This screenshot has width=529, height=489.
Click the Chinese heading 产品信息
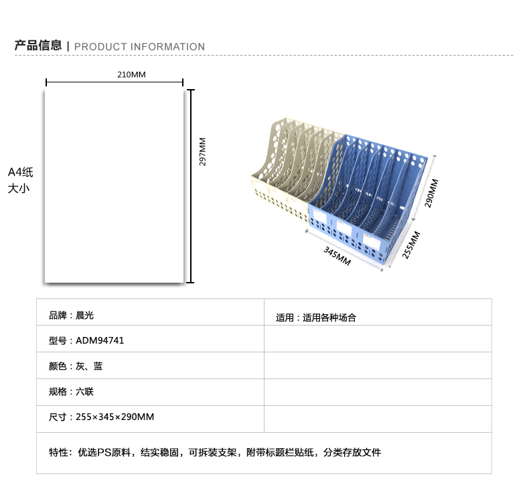coord(38,46)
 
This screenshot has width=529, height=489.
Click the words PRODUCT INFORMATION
coord(139,47)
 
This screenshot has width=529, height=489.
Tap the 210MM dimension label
coord(131,74)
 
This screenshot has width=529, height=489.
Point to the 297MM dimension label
coord(202,151)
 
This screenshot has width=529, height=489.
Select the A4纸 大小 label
coord(20,180)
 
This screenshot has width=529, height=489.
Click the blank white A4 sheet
coord(114,186)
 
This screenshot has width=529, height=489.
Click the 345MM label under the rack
coord(337,256)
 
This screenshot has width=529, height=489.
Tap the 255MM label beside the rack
coord(411,245)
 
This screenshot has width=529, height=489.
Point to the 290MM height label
coord(431,193)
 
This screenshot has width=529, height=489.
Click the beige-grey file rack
coord(293,169)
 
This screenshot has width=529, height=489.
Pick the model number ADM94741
coord(100,340)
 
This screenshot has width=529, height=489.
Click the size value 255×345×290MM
coord(115,417)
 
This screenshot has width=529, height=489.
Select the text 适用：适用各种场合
coord(316,318)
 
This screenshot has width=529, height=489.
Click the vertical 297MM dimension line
coord(191,186)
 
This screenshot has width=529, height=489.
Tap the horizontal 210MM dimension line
coord(115,82)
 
